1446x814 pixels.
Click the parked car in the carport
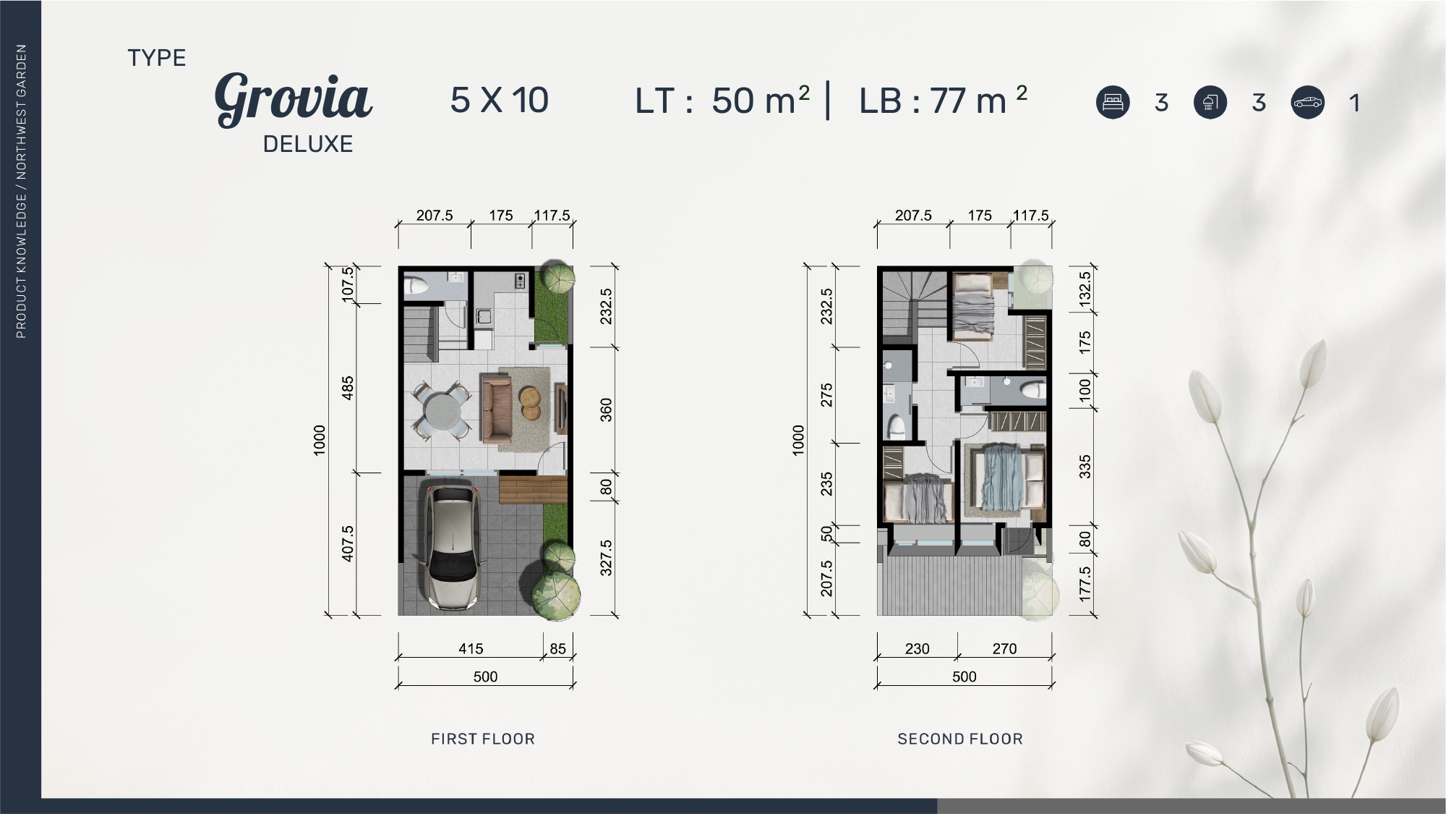coord(453,546)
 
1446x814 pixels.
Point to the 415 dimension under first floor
coord(471,648)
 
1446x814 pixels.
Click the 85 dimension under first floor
coord(558,648)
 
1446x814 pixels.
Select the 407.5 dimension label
coord(348,543)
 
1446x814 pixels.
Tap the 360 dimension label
coord(606,410)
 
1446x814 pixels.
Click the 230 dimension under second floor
coord(917,648)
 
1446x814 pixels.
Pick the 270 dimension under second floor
coord(1004,648)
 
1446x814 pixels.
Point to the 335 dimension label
coord(1084,467)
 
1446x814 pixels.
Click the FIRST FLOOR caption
coord(483,739)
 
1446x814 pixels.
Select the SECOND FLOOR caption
coord(960,739)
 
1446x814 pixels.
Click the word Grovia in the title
coord(294,99)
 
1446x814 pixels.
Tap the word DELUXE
coord(308,144)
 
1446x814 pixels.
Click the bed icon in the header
coord(1113,102)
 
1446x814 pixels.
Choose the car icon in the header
coord(1307,102)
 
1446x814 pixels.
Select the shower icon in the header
coord(1210,102)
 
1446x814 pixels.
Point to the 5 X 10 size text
coord(500,100)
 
